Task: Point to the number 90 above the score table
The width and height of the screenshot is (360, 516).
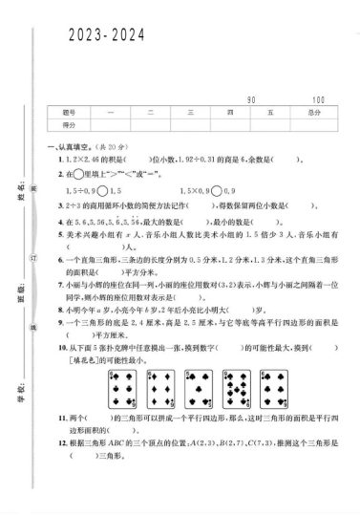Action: [252, 99]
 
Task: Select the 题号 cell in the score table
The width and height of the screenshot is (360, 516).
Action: [69, 113]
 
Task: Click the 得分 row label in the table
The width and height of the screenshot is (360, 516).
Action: [69, 125]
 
